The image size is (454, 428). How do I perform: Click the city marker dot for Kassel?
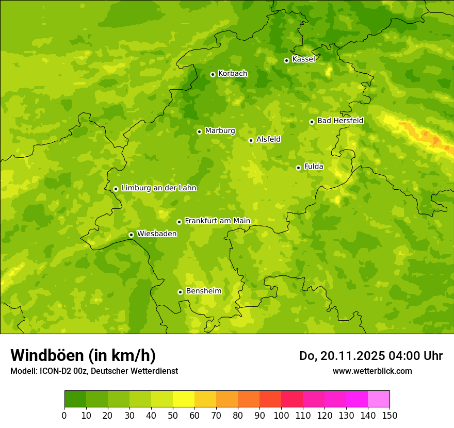[x=286, y=60]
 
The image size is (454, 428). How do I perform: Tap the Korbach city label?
[x=233, y=74]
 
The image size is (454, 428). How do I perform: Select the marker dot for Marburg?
[x=199, y=131]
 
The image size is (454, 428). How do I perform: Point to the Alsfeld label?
[x=268, y=139]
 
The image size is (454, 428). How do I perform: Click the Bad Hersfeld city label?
[x=340, y=121]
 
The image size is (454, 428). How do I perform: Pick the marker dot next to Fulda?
[x=298, y=168]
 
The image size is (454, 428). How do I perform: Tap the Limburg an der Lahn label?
[x=158, y=188]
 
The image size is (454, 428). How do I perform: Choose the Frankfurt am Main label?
[x=217, y=221]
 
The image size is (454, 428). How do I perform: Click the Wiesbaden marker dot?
[x=131, y=235]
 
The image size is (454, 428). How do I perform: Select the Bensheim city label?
[x=203, y=291]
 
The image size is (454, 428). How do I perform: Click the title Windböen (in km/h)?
[x=83, y=355]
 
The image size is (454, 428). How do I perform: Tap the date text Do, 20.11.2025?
[x=340, y=356]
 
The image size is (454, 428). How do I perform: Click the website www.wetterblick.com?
[x=372, y=371]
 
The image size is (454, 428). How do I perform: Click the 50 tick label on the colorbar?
[x=173, y=415]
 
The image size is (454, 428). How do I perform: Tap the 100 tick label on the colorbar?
[x=281, y=415]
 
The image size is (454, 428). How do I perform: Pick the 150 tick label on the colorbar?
[x=390, y=415]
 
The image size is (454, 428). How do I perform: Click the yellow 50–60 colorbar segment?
[x=184, y=399]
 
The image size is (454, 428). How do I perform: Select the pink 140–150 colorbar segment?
[x=379, y=399]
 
